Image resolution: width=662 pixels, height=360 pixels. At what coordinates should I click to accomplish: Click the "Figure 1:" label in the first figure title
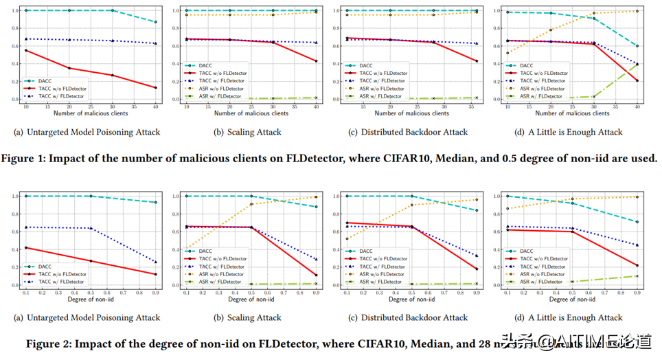tap(28, 158)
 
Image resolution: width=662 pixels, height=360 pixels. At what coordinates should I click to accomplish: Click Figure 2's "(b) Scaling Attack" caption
tap(254, 317)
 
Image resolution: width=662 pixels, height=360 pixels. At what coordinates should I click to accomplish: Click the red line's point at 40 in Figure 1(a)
tap(156, 88)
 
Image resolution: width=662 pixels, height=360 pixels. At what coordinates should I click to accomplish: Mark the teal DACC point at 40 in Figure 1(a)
tap(156, 22)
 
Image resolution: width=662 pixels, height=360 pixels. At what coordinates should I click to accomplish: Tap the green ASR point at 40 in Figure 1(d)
tap(637, 64)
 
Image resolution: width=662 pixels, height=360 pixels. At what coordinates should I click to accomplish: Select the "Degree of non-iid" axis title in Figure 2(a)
tap(91, 300)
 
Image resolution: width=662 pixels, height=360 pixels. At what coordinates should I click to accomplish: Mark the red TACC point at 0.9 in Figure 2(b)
tap(317, 275)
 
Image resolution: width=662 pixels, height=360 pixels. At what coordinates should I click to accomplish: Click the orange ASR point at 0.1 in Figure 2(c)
tap(347, 239)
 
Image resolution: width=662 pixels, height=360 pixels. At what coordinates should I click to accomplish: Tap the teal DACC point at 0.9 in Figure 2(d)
tap(637, 222)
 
